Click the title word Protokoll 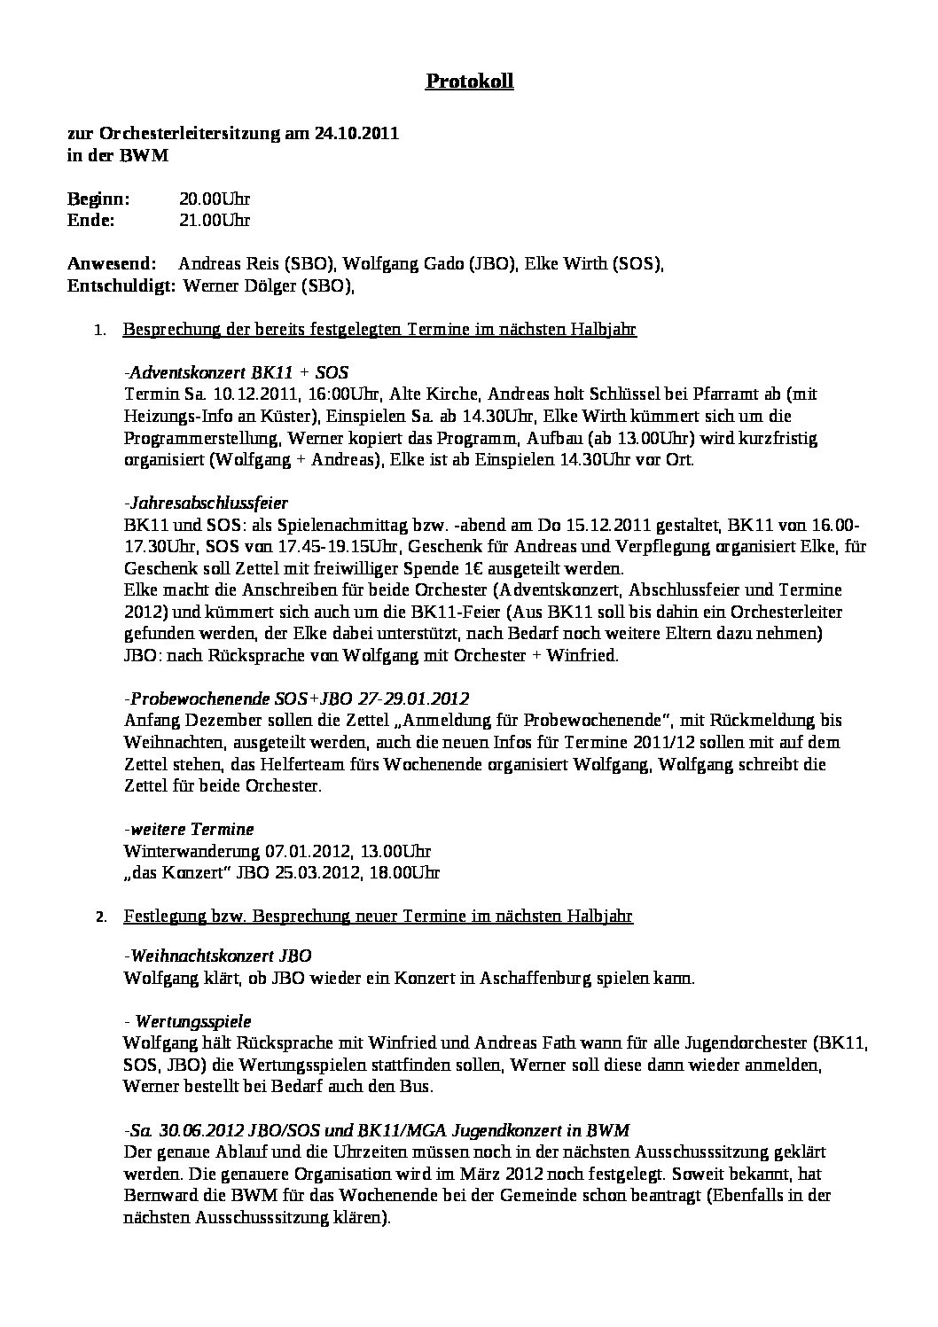469,82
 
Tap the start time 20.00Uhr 215,199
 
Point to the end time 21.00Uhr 215,220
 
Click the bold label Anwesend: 112,263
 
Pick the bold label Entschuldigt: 121,285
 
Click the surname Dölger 268,285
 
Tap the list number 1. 100,331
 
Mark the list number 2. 100,917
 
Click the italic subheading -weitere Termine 189,829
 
